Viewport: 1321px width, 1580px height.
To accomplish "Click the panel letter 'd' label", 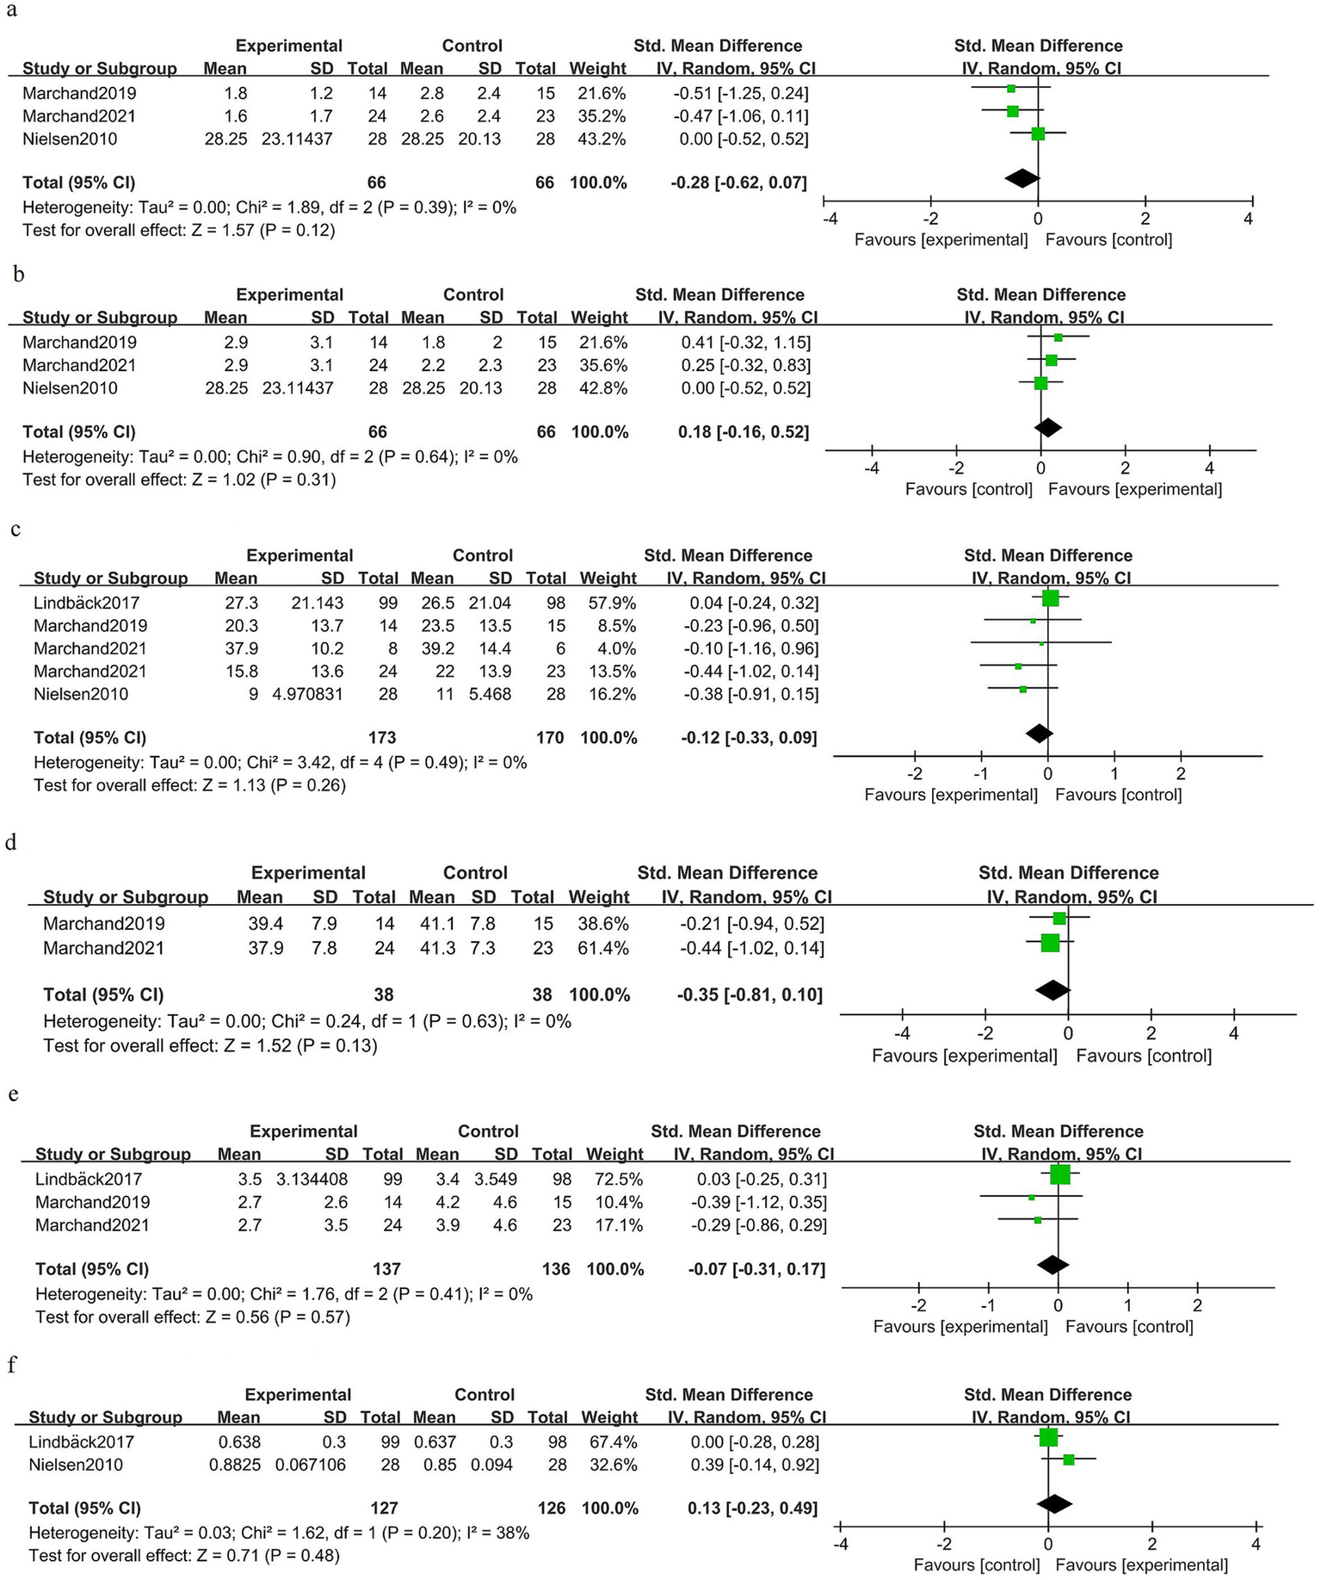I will [x=11, y=841].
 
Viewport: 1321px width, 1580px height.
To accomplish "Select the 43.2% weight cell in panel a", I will [x=602, y=139].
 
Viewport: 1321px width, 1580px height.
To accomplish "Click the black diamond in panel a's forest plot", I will [x=1022, y=178].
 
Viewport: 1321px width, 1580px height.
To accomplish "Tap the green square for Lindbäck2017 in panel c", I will [x=1050, y=598].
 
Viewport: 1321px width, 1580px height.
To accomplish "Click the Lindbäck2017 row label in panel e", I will [x=88, y=1179].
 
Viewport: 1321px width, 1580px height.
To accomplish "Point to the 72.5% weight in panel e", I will [x=614, y=1179].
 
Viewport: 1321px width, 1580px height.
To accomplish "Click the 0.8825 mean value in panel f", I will [x=235, y=1465].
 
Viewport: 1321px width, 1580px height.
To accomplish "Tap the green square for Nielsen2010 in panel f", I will [x=1069, y=1459].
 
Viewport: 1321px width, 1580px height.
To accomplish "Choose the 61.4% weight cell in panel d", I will [x=599, y=948].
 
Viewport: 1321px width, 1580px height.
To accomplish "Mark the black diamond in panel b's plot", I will [x=1047, y=427].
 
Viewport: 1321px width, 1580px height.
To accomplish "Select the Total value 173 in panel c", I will [x=381, y=737].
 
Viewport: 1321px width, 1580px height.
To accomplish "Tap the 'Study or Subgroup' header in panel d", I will [x=126, y=897].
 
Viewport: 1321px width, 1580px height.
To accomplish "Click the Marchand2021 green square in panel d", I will [x=1050, y=943].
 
